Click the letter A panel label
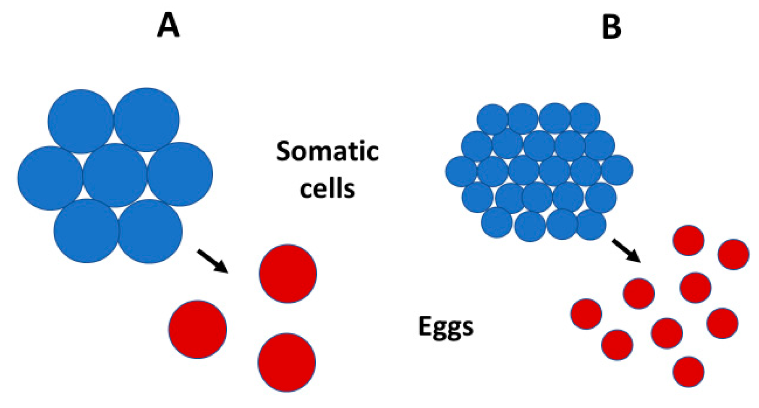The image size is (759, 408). point(168,26)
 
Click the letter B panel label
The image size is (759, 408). point(611,26)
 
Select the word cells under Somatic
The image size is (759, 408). point(327,188)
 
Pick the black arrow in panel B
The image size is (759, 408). point(626,250)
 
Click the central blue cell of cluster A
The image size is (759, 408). point(115,175)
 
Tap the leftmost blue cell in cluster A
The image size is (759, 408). point(50,178)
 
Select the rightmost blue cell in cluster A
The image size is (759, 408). point(180,174)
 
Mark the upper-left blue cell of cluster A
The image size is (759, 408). point(81,121)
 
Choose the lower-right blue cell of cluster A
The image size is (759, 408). point(151,231)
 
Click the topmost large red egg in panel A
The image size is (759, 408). point(288,273)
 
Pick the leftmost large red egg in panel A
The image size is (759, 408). point(198,329)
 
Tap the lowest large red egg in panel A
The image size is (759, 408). point(287,362)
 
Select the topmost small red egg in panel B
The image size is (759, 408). point(688,240)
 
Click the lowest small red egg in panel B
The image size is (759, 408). point(688,372)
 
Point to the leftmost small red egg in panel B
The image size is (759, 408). point(586,314)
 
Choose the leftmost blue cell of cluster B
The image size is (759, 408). point(461,171)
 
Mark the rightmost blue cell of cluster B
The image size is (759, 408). point(617,170)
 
